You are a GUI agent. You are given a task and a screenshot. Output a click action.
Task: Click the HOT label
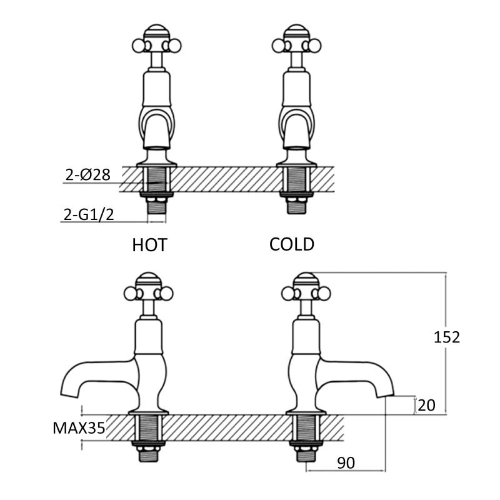click(x=149, y=245)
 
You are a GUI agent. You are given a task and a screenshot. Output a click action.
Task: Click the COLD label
click(x=292, y=244)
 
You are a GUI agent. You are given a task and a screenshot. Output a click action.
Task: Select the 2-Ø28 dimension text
click(x=88, y=174)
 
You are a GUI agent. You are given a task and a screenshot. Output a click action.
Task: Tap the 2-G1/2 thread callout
click(x=89, y=214)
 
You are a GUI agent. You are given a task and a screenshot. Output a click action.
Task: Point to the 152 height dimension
click(x=447, y=337)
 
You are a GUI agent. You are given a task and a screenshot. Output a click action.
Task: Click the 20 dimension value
click(x=426, y=405)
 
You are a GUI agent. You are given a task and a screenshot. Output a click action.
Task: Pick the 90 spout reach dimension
click(x=346, y=462)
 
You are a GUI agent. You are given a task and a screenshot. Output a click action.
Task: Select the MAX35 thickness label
click(x=79, y=428)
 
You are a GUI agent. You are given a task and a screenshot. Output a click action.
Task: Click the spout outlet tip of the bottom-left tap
click(x=69, y=394)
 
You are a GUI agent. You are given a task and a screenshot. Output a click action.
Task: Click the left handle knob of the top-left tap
click(x=138, y=46)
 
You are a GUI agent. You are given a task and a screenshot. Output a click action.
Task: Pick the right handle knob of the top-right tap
click(x=315, y=46)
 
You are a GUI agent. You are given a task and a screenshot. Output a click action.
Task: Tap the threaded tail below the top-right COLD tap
click(x=296, y=205)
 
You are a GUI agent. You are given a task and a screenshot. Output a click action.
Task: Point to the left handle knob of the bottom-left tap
click(x=130, y=293)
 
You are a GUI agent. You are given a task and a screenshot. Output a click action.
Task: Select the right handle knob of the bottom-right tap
click(x=324, y=293)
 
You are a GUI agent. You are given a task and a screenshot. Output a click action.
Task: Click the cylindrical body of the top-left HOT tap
click(x=156, y=89)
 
